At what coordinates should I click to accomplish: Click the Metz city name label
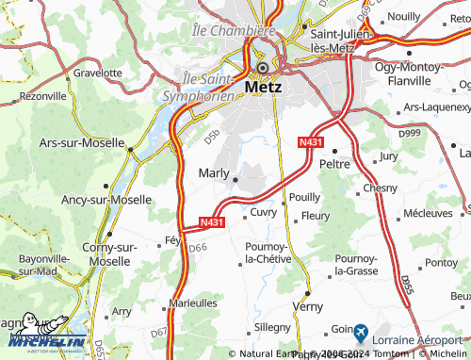point(264,87)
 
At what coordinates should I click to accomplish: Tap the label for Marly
point(213,172)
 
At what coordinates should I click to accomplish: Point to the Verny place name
point(308,306)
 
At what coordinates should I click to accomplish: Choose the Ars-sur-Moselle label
point(80,143)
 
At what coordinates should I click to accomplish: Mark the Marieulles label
point(191,303)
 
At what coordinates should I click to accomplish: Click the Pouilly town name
point(304,197)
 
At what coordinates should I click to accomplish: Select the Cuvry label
point(264,213)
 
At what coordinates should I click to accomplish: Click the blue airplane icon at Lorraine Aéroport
point(360,332)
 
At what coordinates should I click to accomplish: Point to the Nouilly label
point(403,17)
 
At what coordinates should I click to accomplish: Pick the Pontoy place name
point(440,263)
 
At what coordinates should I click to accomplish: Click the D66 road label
point(197,248)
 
